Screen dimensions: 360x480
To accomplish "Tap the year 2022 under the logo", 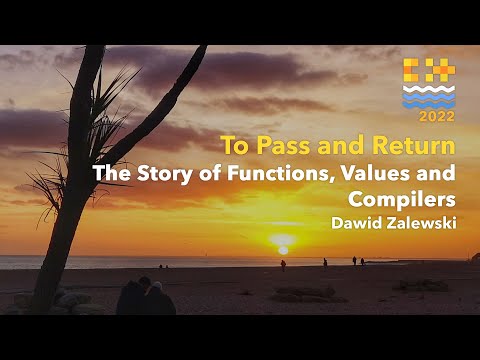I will (x=428, y=116).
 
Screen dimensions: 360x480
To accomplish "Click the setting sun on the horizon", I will (x=282, y=242).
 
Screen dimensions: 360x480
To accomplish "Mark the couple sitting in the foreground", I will (x=145, y=297).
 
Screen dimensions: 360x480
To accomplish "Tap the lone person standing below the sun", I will (x=283, y=265).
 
